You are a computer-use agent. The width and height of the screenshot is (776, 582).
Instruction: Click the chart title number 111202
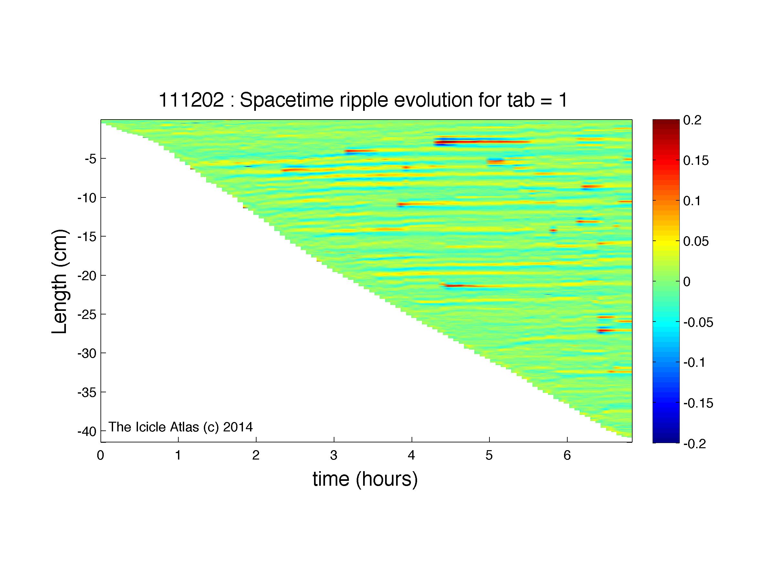(x=191, y=100)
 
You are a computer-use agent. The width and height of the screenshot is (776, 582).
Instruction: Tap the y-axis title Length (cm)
(x=59, y=282)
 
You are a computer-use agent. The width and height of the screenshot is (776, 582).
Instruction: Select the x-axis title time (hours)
(x=365, y=479)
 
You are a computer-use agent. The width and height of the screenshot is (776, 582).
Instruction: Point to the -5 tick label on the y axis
(x=90, y=159)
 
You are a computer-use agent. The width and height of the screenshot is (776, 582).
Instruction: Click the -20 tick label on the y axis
(x=87, y=276)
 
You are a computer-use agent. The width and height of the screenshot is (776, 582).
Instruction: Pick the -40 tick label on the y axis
(x=87, y=431)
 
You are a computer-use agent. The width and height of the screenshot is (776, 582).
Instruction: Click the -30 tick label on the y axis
(x=87, y=353)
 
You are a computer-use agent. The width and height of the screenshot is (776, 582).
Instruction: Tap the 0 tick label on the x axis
(x=101, y=455)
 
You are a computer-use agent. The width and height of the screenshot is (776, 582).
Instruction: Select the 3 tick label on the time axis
(x=334, y=455)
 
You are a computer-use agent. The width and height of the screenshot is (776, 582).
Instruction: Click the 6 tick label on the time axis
(x=567, y=455)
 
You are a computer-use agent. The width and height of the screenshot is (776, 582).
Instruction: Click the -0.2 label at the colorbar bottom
(x=695, y=444)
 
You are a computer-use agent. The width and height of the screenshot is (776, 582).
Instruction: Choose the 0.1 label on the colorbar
(x=692, y=201)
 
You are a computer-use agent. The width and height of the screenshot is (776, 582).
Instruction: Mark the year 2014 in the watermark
(x=238, y=427)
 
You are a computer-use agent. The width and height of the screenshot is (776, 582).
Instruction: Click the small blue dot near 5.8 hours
(x=553, y=230)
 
